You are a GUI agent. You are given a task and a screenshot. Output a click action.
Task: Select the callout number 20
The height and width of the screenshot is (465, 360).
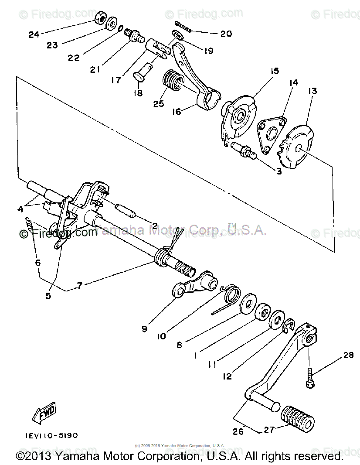tap(226, 34)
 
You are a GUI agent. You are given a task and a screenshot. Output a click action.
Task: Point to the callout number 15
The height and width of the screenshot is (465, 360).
tap(275, 71)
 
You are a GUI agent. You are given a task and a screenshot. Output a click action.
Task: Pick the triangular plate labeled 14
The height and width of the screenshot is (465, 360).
tap(269, 133)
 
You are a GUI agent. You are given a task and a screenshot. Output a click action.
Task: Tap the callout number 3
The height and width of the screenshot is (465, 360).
tap(278, 171)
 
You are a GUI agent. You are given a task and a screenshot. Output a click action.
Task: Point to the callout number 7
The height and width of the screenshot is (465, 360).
tap(80, 285)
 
